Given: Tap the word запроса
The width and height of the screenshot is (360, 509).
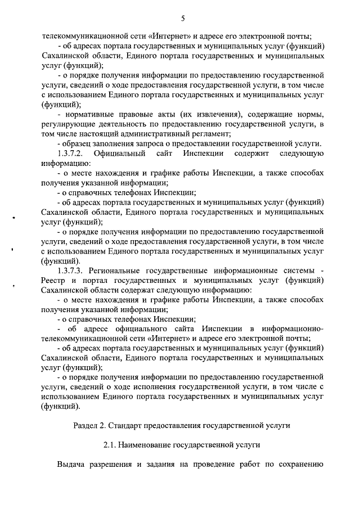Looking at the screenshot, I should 151,144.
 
